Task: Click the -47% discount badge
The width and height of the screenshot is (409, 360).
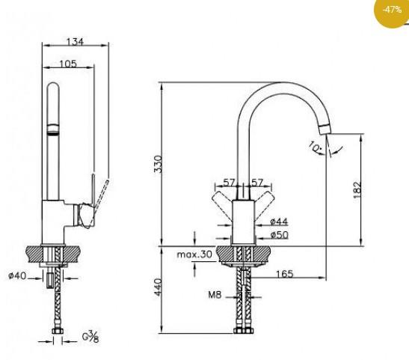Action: pyautogui.click(x=390, y=10)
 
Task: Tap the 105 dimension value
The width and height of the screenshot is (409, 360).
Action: pyautogui.click(x=68, y=64)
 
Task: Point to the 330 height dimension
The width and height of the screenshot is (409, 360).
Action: pyautogui.click(x=157, y=164)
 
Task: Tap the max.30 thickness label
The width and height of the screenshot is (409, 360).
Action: pyautogui.click(x=193, y=255)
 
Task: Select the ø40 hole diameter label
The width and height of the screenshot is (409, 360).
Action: pyautogui.click(x=17, y=276)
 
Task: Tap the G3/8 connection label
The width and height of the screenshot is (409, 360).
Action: pyautogui.click(x=90, y=338)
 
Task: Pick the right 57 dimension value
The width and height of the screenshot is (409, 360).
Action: pyautogui.click(x=256, y=183)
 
